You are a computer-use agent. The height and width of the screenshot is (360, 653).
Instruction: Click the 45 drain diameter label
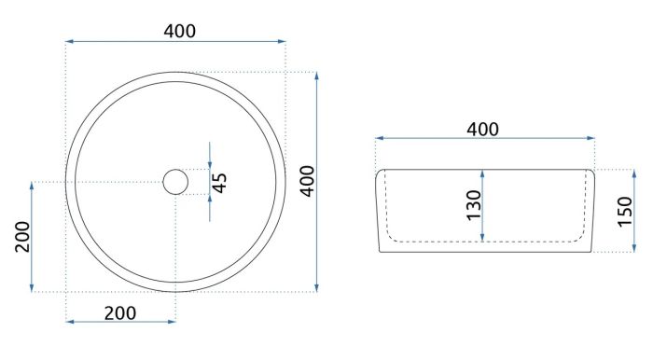[x=219, y=183]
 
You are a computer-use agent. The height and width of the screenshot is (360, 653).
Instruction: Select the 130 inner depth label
[x=474, y=205]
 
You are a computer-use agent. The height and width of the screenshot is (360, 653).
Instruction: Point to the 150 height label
[x=625, y=212]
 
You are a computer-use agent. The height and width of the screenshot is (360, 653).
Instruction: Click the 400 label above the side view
[x=482, y=130]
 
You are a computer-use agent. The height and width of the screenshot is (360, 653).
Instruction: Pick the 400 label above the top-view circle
[x=179, y=31]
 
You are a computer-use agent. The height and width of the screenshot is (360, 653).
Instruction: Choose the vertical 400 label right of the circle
[x=308, y=181]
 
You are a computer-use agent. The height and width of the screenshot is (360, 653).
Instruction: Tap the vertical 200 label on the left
[x=23, y=237]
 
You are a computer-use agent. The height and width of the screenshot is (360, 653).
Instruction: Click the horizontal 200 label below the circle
[x=120, y=313]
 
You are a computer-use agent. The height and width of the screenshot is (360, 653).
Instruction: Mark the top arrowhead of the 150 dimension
[x=633, y=173]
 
